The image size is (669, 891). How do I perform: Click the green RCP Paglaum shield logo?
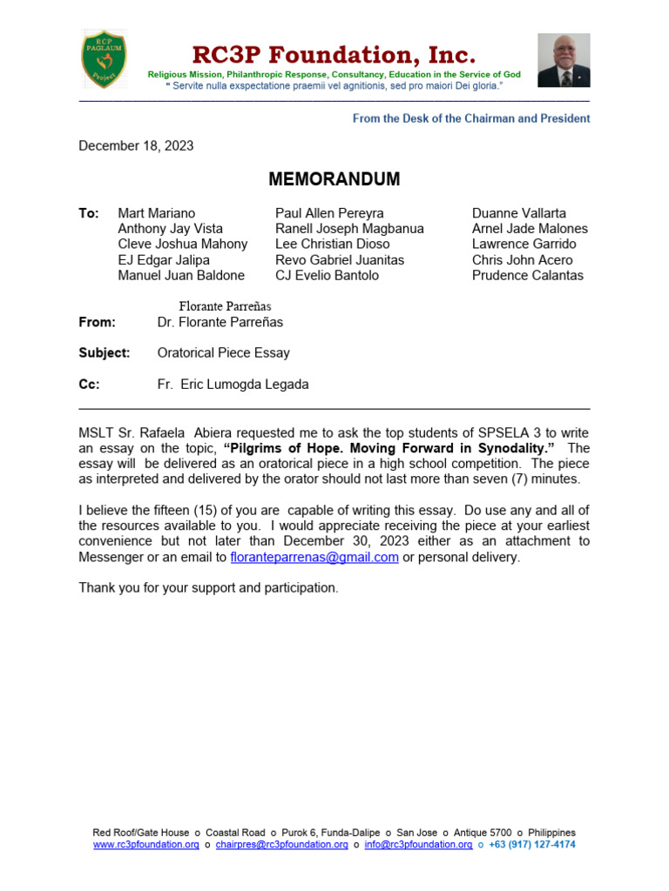click(x=104, y=58)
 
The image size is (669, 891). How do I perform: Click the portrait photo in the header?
click(x=564, y=60)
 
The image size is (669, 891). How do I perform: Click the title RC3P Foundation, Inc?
click(x=334, y=56)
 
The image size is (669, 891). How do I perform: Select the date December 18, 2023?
click(x=136, y=145)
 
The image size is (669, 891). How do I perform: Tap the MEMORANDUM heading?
click(x=334, y=179)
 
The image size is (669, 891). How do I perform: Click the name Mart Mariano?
click(x=157, y=213)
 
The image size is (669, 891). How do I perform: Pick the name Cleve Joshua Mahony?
click(x=183, y=245)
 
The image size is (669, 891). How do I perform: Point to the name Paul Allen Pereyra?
click(x=329, y=213)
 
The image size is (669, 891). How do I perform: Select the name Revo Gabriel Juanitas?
click(x=340, y=260)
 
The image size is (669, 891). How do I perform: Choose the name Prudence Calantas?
click(x=528, y=276)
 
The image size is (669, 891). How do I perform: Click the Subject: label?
click(x=105, y=353)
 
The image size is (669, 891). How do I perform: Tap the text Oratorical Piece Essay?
click(x=224, y=353)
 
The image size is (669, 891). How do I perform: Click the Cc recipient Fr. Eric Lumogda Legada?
click(x=233, y=385)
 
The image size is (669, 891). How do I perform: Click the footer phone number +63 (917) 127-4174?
click(x=532, y=844)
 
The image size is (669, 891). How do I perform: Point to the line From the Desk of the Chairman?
click(x=471, y=118)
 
